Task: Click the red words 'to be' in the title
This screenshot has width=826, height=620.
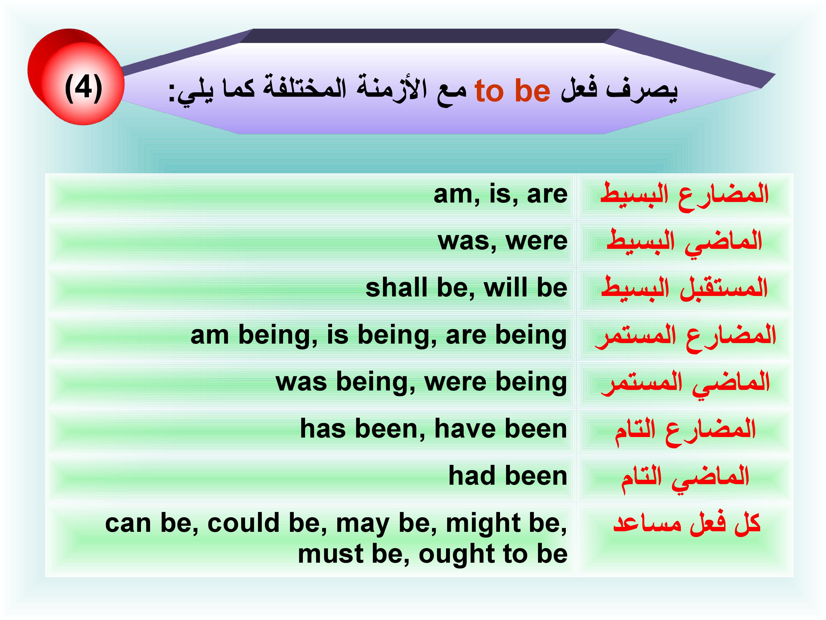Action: [x=512, y=91]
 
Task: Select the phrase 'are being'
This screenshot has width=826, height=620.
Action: [x=506, y=336]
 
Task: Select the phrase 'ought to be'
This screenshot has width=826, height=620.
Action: [x=493, y=554]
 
